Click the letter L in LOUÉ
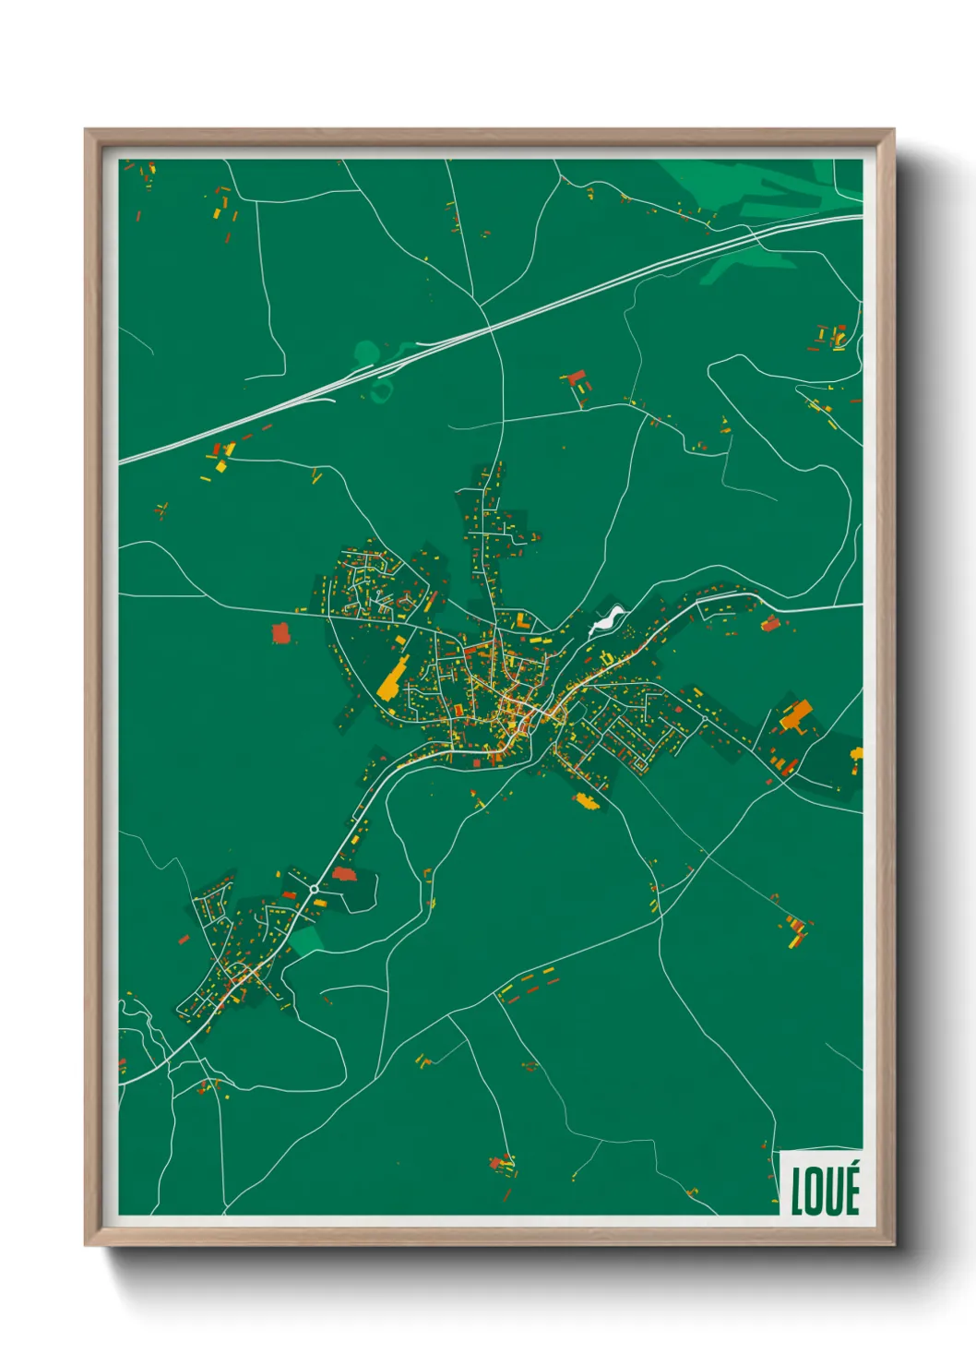pos(797,1192)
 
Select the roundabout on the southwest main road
pos(315,889)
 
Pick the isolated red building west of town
pos(280,633)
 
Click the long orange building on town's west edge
pos(392,678)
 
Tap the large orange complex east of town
pos(796,716)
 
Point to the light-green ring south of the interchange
pos(379,393)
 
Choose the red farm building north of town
pos(577,378)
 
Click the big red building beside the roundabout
pos(343,873)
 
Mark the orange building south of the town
pos(586,800)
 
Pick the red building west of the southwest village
pos(184,940)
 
